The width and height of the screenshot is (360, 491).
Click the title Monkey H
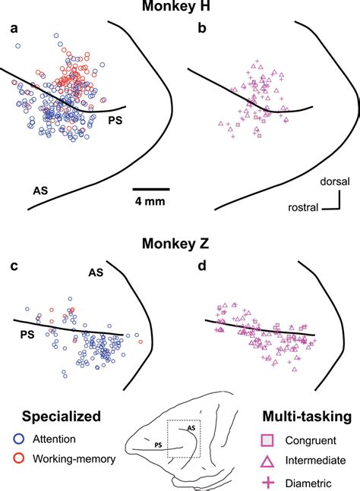pos(181,8)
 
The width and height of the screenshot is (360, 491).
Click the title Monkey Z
pos(180,245)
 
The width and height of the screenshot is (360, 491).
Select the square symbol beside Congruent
pos(267,439)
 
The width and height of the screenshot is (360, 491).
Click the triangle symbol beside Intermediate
pos(267,459)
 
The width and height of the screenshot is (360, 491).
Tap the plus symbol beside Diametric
pos(267,480)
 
